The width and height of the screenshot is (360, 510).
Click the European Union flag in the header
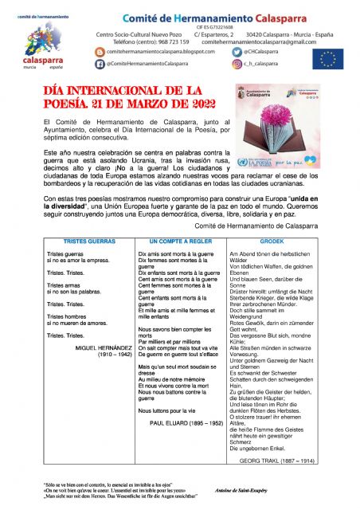[327, 57]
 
